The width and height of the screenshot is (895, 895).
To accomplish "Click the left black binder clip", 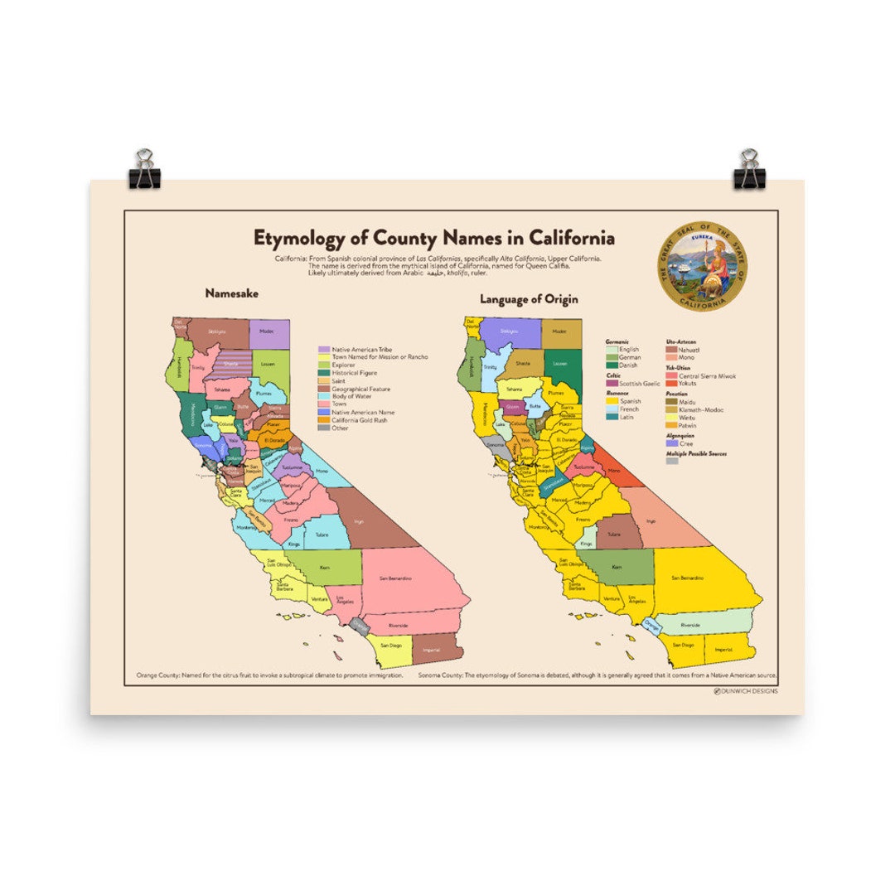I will click(x=145, y=170).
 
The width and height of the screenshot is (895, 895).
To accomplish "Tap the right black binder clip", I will click(x=749, y=170).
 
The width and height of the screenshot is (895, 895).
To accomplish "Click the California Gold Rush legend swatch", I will click(x=325, y=420).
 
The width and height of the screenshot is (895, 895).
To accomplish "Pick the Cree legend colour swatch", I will click(x=672, y=443).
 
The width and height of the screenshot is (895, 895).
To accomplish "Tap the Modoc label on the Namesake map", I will click(x=266, y=331).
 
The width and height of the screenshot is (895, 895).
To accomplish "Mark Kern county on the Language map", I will click(x=617, y=568).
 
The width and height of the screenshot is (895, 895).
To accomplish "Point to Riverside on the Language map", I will click(x=689, y=624).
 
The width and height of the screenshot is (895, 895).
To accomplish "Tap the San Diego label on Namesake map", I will click(x=391, y=645).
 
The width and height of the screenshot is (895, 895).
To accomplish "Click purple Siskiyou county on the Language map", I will click(x=508, y=331).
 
